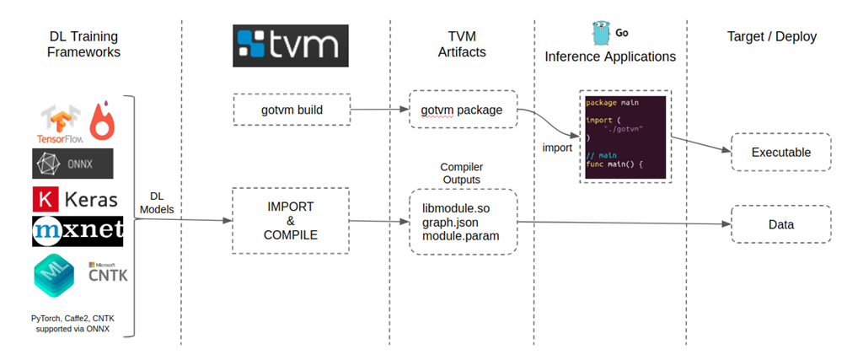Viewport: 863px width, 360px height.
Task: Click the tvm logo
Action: [x=290, y=45]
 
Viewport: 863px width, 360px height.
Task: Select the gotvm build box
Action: [x=291, y=110]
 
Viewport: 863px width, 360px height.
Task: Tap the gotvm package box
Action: [x=463, y=110]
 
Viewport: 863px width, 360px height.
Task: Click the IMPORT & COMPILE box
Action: [x=291, y=221]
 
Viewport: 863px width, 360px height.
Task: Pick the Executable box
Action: [x=780, y=153]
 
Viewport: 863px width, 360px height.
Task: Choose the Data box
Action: [x=780, y=225]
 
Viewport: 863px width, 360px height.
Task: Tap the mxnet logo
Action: [x=78, y=231]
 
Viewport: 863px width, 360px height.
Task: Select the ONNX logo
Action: [x=72, y=163]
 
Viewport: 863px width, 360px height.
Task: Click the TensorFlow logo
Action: [x=62, y=123]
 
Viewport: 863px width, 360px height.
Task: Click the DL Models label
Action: [x=158, y=202]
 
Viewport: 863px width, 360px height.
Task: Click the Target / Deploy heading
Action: [x=771, y=36]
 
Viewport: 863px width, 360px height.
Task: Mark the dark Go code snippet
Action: [x=625, y=136]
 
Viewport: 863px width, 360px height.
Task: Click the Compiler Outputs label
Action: [x=462, y=173]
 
